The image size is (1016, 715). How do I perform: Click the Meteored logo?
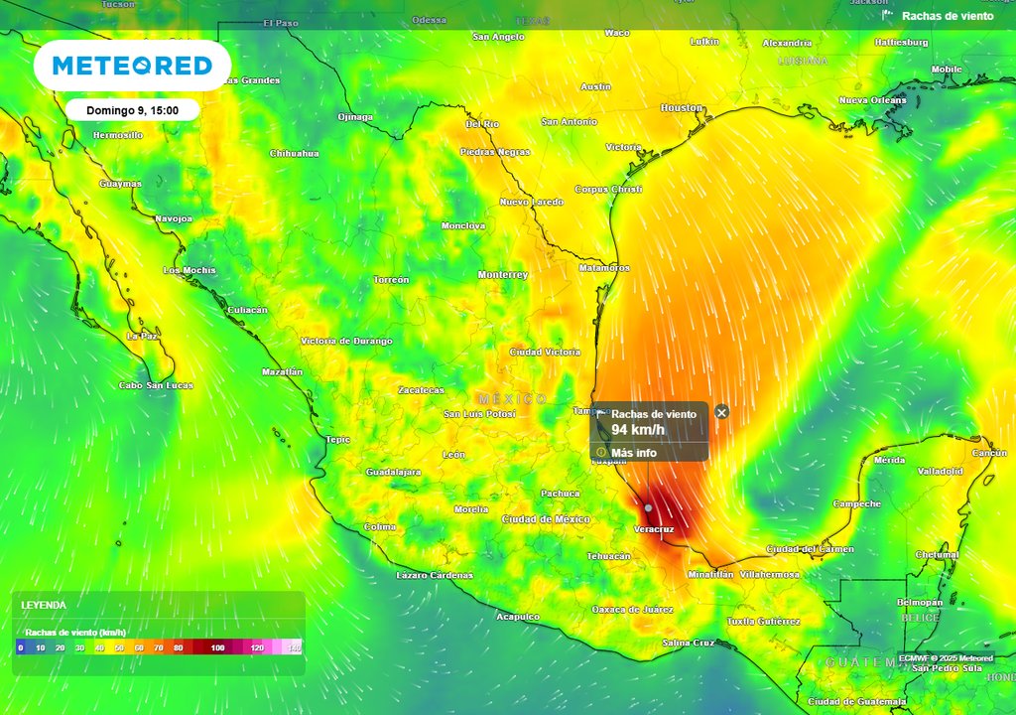pyautogui.click(x=132, y=66)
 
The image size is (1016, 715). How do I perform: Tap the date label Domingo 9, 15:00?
pyautogui.click(x=133, y=110)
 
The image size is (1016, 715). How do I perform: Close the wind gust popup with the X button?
pyautogui.click(x=722, y=412)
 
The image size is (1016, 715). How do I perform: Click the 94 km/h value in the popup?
pyautogui.click(x=638, y=430)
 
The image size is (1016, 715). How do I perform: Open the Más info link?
pyautogui.click(x=633, y=453)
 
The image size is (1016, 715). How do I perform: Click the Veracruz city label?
pyautogui.click(x=654, y=529)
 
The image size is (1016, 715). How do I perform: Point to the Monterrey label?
pyautogui.click(x=503, y=274)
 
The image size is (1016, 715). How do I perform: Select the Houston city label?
pyautogui.click(x=682, y=107)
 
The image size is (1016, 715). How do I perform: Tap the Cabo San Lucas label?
pyautogui.click(x=157, y=385)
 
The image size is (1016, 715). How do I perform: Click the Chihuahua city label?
pyautogui.click(x=295, y=153)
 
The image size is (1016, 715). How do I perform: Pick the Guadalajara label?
pyautogui.click(x=394, y=472)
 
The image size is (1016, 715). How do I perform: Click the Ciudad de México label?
pyautogui.click(x=546, y=519)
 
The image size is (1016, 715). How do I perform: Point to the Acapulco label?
pyautogui.click(x=518, y=617)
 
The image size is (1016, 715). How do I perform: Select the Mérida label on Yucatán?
pyautogui.click(x=889, y=460)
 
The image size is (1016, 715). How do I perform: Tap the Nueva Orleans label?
pyautogui.click(x=873, y=100)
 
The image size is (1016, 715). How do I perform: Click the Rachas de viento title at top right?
pyautogui.click(x=948, y=16)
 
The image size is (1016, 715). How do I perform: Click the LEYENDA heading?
pyautogui.click(x=45, y=604)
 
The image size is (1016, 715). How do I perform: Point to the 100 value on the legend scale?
pyautogui.click(x=218, y=647)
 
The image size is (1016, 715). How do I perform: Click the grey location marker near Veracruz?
pyautogui.click(x=649, y=507)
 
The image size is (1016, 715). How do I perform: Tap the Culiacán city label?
pyautogui.click(x=248, y=310)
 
